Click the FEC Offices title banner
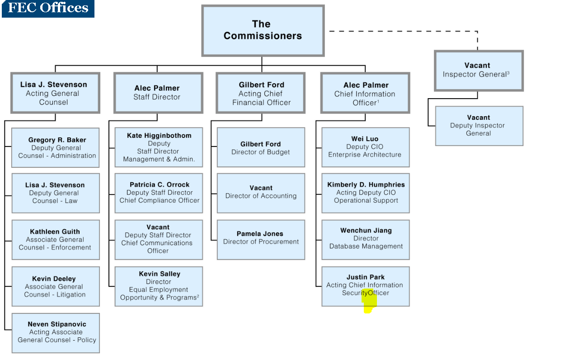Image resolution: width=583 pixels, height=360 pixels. pos(48,8)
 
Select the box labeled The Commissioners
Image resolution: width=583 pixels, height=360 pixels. pos(263,30)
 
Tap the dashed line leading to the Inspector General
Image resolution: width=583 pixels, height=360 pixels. pos(402,31)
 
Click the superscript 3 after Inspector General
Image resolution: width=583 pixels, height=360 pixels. pos(508,73)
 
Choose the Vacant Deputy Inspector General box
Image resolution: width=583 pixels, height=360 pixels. pos(479,126)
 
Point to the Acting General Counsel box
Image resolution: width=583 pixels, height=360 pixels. pos(55,93)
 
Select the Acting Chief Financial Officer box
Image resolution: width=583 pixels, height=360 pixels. pos(261,93)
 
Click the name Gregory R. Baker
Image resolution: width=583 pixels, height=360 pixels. pos(57,140)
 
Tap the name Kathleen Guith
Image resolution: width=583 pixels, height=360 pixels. pos(55,232)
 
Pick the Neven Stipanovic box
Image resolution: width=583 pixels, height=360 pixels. pos(56,333)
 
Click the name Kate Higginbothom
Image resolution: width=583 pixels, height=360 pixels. pos(159,135)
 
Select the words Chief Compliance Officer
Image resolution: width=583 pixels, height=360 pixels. pos(159,200)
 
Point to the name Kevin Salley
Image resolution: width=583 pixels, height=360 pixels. pos(159,274)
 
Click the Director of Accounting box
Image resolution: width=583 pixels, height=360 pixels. pos(261,193)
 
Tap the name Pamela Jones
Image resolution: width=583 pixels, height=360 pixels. pos(260,234)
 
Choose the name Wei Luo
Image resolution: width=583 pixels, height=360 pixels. pos(365,139)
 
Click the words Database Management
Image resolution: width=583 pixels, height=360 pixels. pos(366,246)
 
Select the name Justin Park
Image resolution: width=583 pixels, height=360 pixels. pos(365,277)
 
